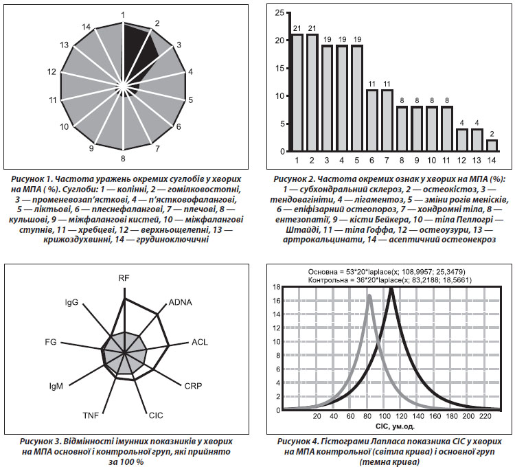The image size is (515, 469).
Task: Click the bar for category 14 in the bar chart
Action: [x=492, y=146]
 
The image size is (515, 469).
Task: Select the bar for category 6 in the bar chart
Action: [x=371, y=121]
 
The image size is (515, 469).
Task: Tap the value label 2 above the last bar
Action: [x=492, y=134]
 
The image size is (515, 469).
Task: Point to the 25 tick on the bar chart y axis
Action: [x=280, y=13]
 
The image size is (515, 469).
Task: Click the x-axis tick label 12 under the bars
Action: [x=461, y=160]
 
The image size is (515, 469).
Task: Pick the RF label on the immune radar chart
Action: [x=124, y=278]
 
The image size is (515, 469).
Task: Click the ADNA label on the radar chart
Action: [x=180, y=302]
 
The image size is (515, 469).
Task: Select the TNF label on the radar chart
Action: [x=91, y=415]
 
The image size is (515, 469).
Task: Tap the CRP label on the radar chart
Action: [x=193, y=386]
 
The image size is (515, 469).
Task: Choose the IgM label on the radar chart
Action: [x=56, y=386]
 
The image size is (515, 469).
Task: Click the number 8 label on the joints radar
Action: [x=123, y=159]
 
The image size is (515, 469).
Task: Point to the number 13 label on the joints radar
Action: [x=65, y=45]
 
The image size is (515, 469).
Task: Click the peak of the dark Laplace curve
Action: [x=391, y=288]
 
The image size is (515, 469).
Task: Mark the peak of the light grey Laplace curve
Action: [x=369, y=296]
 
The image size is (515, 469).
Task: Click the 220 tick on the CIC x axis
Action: [x=485, y=416]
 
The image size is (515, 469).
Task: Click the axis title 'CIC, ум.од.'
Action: [x=391, y=426]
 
